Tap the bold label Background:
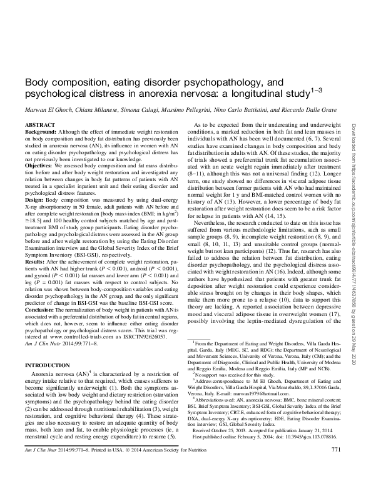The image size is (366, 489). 39,133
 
